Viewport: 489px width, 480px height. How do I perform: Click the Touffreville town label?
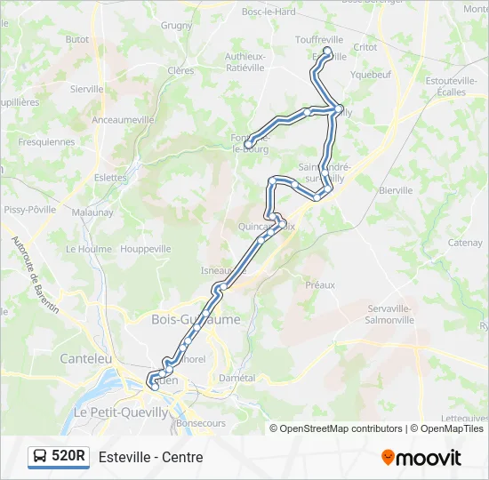[x=318, y=40]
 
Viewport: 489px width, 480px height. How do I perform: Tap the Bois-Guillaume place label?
[x=196, y=319]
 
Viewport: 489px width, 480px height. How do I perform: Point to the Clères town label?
[x=180, y=70]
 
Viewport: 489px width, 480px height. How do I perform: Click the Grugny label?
[x=176, y=26]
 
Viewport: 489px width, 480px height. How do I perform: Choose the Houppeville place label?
[x=145, y=250]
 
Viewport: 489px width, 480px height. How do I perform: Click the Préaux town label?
[x=320, y=285]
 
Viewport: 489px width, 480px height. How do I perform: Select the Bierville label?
[x=396, y=190]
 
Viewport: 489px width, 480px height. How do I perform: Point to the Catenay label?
[x=464, y=243]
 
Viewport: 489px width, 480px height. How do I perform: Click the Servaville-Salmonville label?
[x=390, y=313]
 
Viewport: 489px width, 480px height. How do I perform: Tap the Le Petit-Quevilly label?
[x=120, y=412]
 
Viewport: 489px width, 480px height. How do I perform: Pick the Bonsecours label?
[x=200, y=425]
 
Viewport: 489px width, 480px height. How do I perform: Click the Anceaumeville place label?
[x=124, y=119]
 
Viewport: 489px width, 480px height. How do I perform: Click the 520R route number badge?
[x=68, y=457]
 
